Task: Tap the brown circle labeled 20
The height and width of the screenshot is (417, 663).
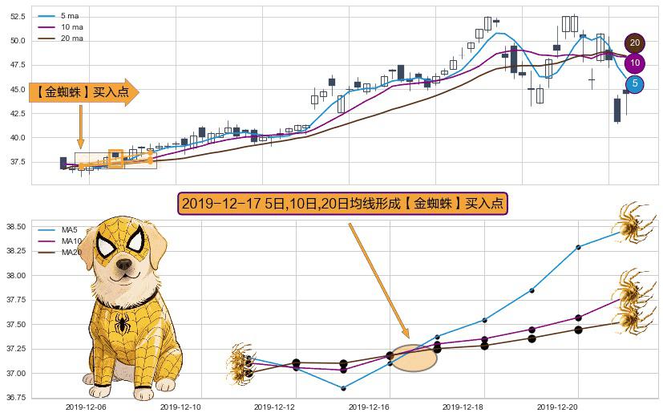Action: coord(634,43)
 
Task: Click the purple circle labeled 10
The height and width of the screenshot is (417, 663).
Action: coord(634,63)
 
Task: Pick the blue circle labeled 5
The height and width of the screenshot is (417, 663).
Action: coord(634,83)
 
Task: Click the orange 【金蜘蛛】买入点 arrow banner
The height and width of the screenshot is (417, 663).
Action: coord(83,92)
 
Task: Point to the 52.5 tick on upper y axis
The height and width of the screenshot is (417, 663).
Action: coord(17,16)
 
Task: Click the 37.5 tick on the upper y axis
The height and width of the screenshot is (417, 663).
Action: coord(17,162)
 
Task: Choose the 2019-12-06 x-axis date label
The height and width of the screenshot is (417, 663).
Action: coord(86,407)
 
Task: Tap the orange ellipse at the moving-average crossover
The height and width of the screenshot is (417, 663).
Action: coord(414,358)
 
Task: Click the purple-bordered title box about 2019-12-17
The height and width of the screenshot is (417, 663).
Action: coord(342,204)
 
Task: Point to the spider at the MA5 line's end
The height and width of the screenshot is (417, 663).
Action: coord(637,221)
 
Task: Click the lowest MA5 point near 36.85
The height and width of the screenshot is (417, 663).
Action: coord(343,388)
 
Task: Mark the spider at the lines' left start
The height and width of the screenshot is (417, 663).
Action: coord(240,363)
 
